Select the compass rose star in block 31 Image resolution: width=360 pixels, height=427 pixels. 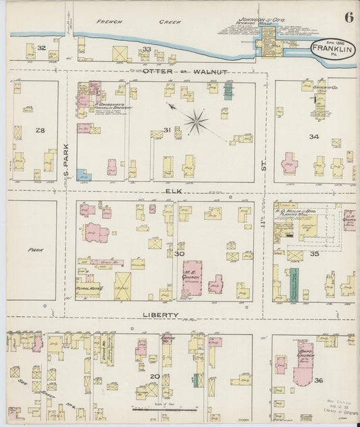pyautogui.click(x=197, y=122)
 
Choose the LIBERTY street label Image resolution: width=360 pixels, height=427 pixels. pyautogui.click(x=161, y=315)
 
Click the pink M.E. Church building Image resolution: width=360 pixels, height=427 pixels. pyautogui.click(x=191, y=278)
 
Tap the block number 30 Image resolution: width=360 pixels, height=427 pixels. pyautogui.click(x=179, y=253)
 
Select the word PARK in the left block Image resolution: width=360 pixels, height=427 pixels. pyautogui.click(x=36, y=249)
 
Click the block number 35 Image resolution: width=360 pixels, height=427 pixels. pyautogui.click(x=314, y=255)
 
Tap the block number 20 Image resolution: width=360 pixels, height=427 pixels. pyautogui.click(x=155, y=376)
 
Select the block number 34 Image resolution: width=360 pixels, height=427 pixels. pyautogui.click(x=314, y=136)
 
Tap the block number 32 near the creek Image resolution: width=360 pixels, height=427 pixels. pyautogui.click(x=41, y=48)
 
